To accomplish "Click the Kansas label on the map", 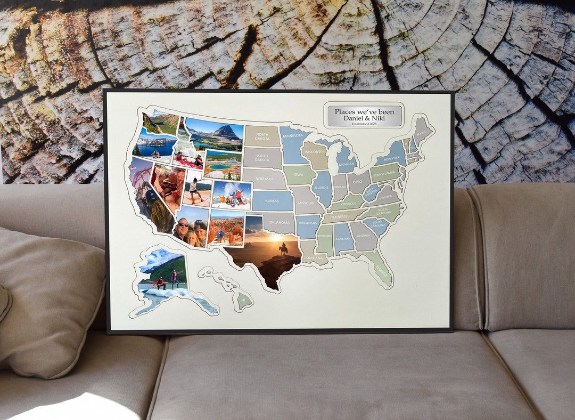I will click(272, 201).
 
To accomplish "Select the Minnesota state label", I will click(293, 136).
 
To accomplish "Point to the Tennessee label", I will click(339, 217).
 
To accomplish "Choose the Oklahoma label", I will click(279, 222).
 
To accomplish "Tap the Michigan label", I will click(347, 164).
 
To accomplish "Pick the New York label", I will click(391, 159).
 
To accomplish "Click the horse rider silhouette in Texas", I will click(283, 248).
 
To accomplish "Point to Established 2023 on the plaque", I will click(365, 124).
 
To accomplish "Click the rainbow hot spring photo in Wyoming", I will click(223, 166).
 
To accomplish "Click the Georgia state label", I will click(364, 236).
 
